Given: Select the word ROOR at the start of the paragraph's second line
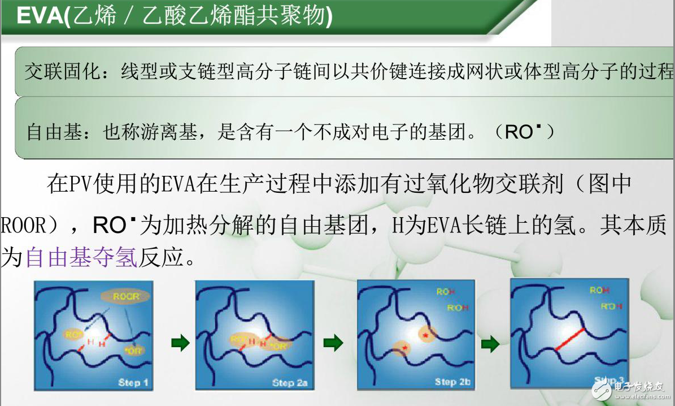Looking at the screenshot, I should (23, 226).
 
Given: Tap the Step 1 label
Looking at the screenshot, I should (133, 383).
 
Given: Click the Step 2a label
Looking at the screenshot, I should (290, 383).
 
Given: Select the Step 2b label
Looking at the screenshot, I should (452, 382).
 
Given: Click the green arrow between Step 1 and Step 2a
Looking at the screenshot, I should (180, 343).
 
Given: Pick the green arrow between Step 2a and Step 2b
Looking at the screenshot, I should (333, 342).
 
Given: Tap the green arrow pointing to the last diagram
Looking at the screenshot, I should (490, 343).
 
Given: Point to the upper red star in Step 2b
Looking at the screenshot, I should (426, 335).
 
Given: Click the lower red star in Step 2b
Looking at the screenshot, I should (404, 348).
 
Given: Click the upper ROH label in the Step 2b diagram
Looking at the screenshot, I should (445, 292).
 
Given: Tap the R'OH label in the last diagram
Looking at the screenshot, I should (606, 306).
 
